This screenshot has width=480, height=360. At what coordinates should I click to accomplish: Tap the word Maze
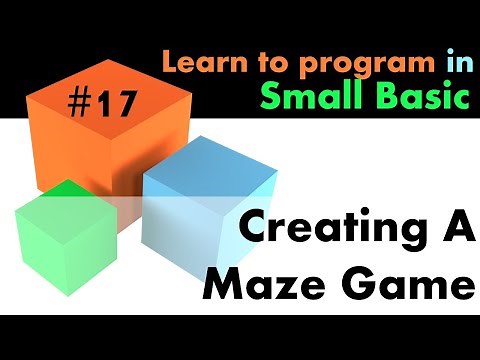(x=260, y=287)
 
